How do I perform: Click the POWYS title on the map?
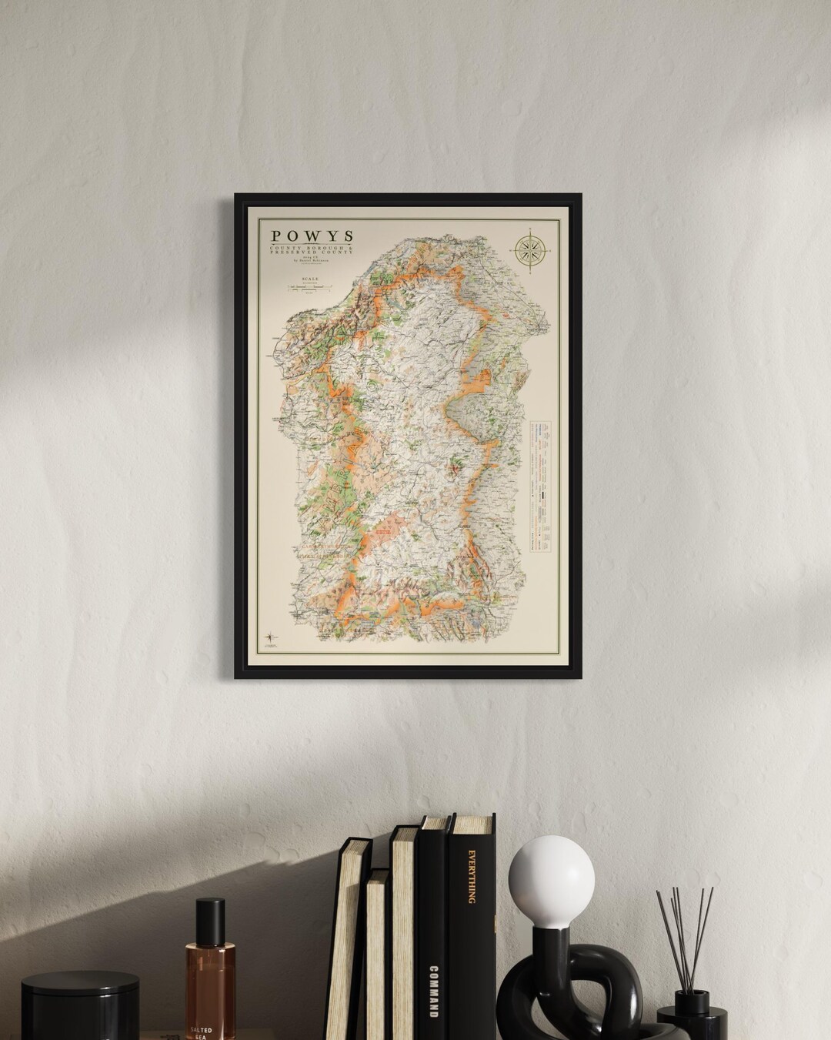coord(311,236)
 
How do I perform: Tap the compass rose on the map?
coord(530,248)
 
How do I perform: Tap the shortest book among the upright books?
coord(377,955)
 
